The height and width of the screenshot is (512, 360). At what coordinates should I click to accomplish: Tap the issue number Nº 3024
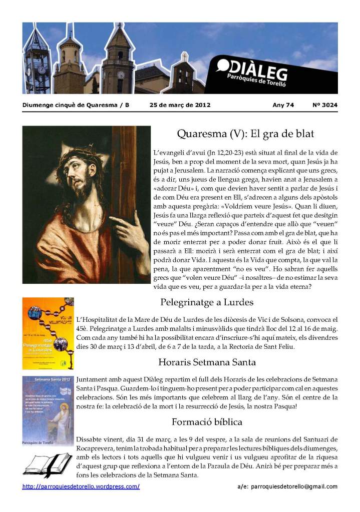325,105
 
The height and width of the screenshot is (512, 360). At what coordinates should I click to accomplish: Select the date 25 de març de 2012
180,105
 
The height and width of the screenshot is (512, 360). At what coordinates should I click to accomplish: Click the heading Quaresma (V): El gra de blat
245,135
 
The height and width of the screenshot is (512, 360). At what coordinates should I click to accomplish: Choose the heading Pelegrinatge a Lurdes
207,302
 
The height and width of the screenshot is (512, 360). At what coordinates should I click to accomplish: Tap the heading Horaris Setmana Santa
207,362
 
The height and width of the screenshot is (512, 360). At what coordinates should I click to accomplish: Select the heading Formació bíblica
207,421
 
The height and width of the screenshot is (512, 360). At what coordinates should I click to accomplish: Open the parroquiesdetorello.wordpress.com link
81,486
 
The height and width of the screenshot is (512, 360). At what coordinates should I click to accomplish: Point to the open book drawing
48,464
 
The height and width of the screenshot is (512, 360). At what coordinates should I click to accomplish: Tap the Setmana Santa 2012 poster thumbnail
48,406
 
